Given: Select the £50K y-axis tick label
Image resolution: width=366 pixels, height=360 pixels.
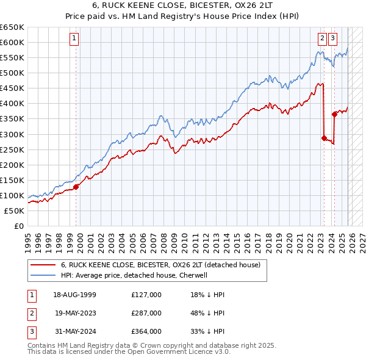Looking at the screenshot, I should coord(15,211).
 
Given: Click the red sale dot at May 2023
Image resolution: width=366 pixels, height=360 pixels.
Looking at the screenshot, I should coord(324,138).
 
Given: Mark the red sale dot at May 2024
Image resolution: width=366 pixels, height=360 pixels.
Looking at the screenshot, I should coord(334,114).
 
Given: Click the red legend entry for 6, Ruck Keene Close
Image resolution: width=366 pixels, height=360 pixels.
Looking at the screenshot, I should coord(160,265).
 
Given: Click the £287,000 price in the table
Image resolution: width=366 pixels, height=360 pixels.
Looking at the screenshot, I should coord(146,313).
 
